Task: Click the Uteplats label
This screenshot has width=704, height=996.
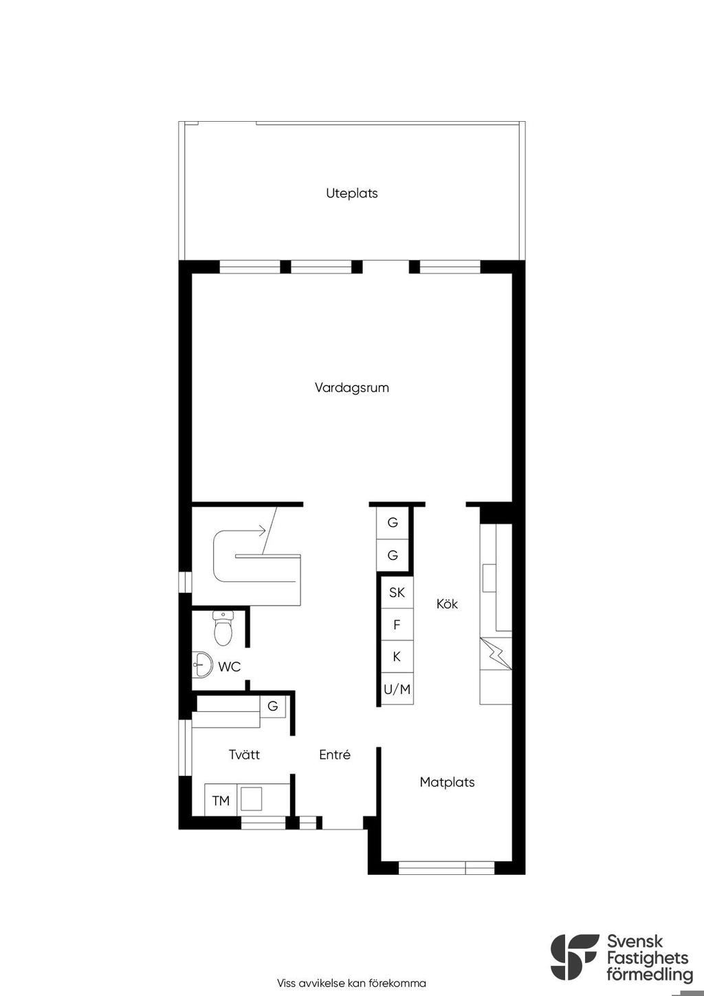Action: (351, 193)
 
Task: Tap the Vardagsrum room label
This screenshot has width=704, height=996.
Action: (351, 388)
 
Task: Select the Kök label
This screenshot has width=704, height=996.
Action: (447, 604)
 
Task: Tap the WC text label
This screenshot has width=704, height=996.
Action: (230, 667)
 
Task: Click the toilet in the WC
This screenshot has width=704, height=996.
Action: (222, 628)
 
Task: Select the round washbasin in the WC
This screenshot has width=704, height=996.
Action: (203, 665)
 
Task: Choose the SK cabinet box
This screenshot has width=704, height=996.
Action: (397, 592)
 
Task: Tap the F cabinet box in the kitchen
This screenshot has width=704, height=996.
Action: (397, 625)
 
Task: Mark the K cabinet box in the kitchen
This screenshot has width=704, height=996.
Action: (397, 657)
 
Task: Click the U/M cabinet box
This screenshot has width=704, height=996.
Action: (397, 689)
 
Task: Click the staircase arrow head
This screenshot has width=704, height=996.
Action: (263, 530)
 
